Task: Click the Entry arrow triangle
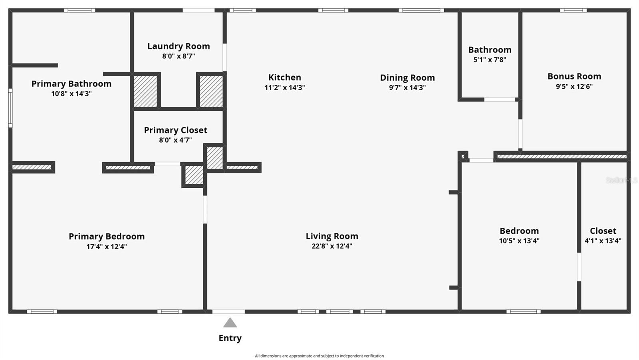[x=230, y=323]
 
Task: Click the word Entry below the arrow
[x=230, y=338]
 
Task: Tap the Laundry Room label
[x=179, y=46]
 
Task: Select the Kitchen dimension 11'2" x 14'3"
[x=284, y=88]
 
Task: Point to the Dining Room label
[x=407, y=78]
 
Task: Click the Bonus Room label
[x=574, y=76]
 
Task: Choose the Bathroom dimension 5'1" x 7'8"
[x=490, y=60]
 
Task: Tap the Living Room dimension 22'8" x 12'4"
[x=331, y=246]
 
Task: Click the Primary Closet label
[x=175, y=130]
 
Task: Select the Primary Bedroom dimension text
[x=107, y=247]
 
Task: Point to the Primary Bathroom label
[x=71, y=84]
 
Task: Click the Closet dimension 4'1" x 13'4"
[x=603, y=241]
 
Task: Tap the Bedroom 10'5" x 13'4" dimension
[x=519, y=241]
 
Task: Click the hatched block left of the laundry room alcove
[x=145, y=91]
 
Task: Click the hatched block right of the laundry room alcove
[x=211, y=91]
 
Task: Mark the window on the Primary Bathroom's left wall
[x=10, y=108]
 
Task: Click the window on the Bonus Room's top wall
[x=573, y=10]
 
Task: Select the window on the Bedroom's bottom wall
[x=523, y=312]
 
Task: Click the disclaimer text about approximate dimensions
[x=319, y=356]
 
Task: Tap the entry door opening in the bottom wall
[x=228, y=312]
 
